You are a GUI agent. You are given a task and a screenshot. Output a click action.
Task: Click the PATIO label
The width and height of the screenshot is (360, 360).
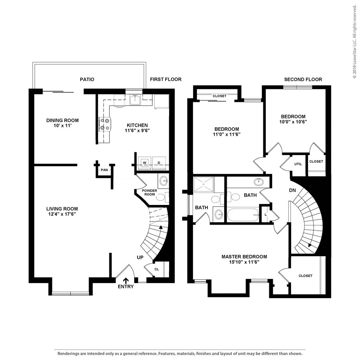pyautogui.click(x=87, y=79)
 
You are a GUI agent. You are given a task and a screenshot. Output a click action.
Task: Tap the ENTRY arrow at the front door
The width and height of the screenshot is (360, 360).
pyautogui.click(x=126, y=281)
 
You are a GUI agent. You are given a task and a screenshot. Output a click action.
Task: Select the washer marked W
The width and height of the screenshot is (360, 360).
pyautogui.click(x=144, y=163)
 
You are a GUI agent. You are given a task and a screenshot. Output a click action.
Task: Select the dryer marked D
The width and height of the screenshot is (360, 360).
pyautogui.click(x=159, y=163)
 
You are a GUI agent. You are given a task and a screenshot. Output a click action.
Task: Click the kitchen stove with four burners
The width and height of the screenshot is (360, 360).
pyautogui.click(x=104, y=124)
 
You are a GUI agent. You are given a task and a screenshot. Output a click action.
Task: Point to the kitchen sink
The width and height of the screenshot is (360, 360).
pyautogui.click(x=136, y=100)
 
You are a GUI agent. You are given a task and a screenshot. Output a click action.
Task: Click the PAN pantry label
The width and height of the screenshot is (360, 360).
pyautogui.click(x=104, y=170)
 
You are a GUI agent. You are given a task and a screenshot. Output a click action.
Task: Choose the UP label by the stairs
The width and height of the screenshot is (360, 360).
pyautogui.click(x=140, y=258)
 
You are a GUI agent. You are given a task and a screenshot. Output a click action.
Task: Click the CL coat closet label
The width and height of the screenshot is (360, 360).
pyautogui.click(x=156, y=269)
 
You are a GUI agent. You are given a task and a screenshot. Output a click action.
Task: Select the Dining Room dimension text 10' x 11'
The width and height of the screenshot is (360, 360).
pyautogui.click(x=63, y=126)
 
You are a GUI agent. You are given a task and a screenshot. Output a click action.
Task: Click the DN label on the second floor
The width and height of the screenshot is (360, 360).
pyautogui.click(x=292, y=190)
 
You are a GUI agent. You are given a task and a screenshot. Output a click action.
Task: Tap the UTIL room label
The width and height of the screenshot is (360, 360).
pyautogui.click(x=298, y=164)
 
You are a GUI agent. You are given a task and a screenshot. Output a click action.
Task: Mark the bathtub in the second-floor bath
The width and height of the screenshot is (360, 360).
pyautogui.click(x=243, y=215)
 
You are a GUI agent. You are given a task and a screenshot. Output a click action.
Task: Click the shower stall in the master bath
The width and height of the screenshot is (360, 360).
pyautogui.click(x=204, y=184)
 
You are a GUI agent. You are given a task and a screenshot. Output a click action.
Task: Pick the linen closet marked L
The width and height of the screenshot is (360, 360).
pyautogui.click(x=266, y=214)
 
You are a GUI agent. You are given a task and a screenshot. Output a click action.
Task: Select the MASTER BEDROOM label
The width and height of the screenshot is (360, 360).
pyautogui.click(x=244, y=257)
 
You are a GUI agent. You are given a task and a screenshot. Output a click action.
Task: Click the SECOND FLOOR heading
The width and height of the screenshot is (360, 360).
pyautogui.click(x=303, y=79)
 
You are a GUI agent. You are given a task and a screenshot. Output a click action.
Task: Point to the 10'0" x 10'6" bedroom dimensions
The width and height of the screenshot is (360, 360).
pyautogui.click(x=293, y=122)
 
